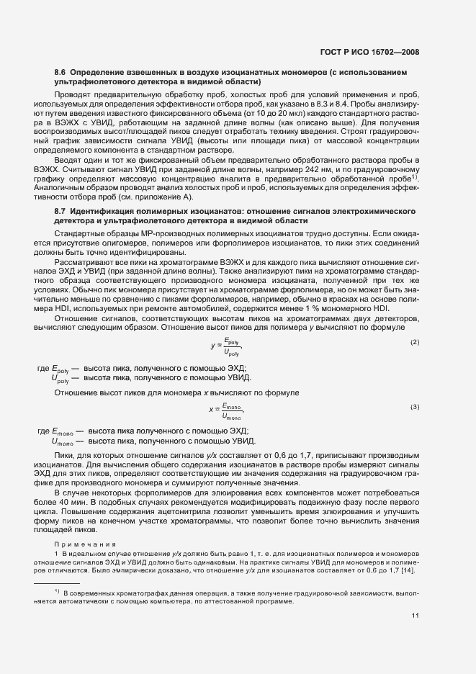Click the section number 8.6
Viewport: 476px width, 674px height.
coord(60,73)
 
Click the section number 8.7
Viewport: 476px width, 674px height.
coord(60,210)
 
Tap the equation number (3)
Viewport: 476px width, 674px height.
coord(415,407)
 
